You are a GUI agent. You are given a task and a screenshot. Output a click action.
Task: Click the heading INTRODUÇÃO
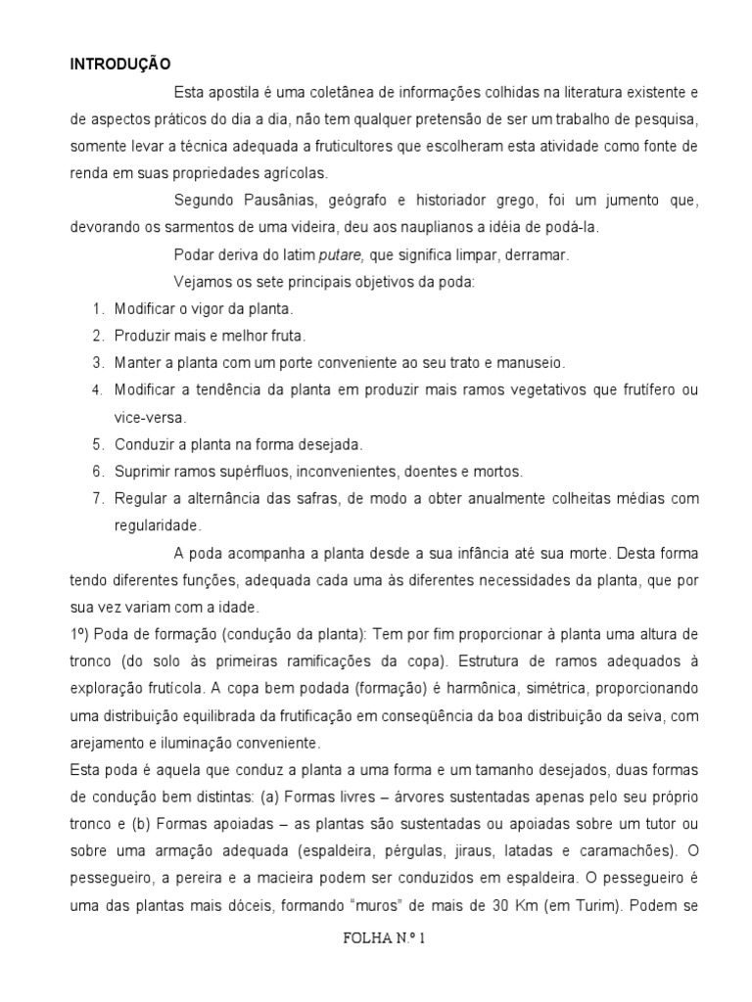click(119, 65)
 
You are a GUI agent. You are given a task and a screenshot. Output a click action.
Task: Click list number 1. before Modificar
click(98, 309)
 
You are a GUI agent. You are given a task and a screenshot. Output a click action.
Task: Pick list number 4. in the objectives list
click(98, 390)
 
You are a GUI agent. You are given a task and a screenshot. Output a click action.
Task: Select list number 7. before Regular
click(98, 498)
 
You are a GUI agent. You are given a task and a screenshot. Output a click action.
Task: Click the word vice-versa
click(147, 417)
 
